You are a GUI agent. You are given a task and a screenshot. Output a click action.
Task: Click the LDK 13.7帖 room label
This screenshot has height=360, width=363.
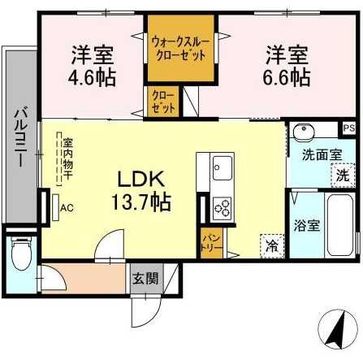(x=145, y=189)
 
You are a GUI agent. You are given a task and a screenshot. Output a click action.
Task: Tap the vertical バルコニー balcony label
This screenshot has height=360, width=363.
(x=19, y=136)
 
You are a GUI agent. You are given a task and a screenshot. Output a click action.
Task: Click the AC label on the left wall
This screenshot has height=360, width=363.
(x=66, y=207)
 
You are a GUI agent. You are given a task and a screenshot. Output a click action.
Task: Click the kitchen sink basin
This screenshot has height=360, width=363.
(x=222, y=170)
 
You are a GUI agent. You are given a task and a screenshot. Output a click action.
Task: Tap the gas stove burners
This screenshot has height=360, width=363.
(x=222, y=209)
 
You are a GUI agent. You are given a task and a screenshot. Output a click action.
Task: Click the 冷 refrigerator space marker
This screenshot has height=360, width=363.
(x=270, y=243)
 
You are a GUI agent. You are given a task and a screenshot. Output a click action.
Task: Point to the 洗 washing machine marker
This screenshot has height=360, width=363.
(x=342, y=174)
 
